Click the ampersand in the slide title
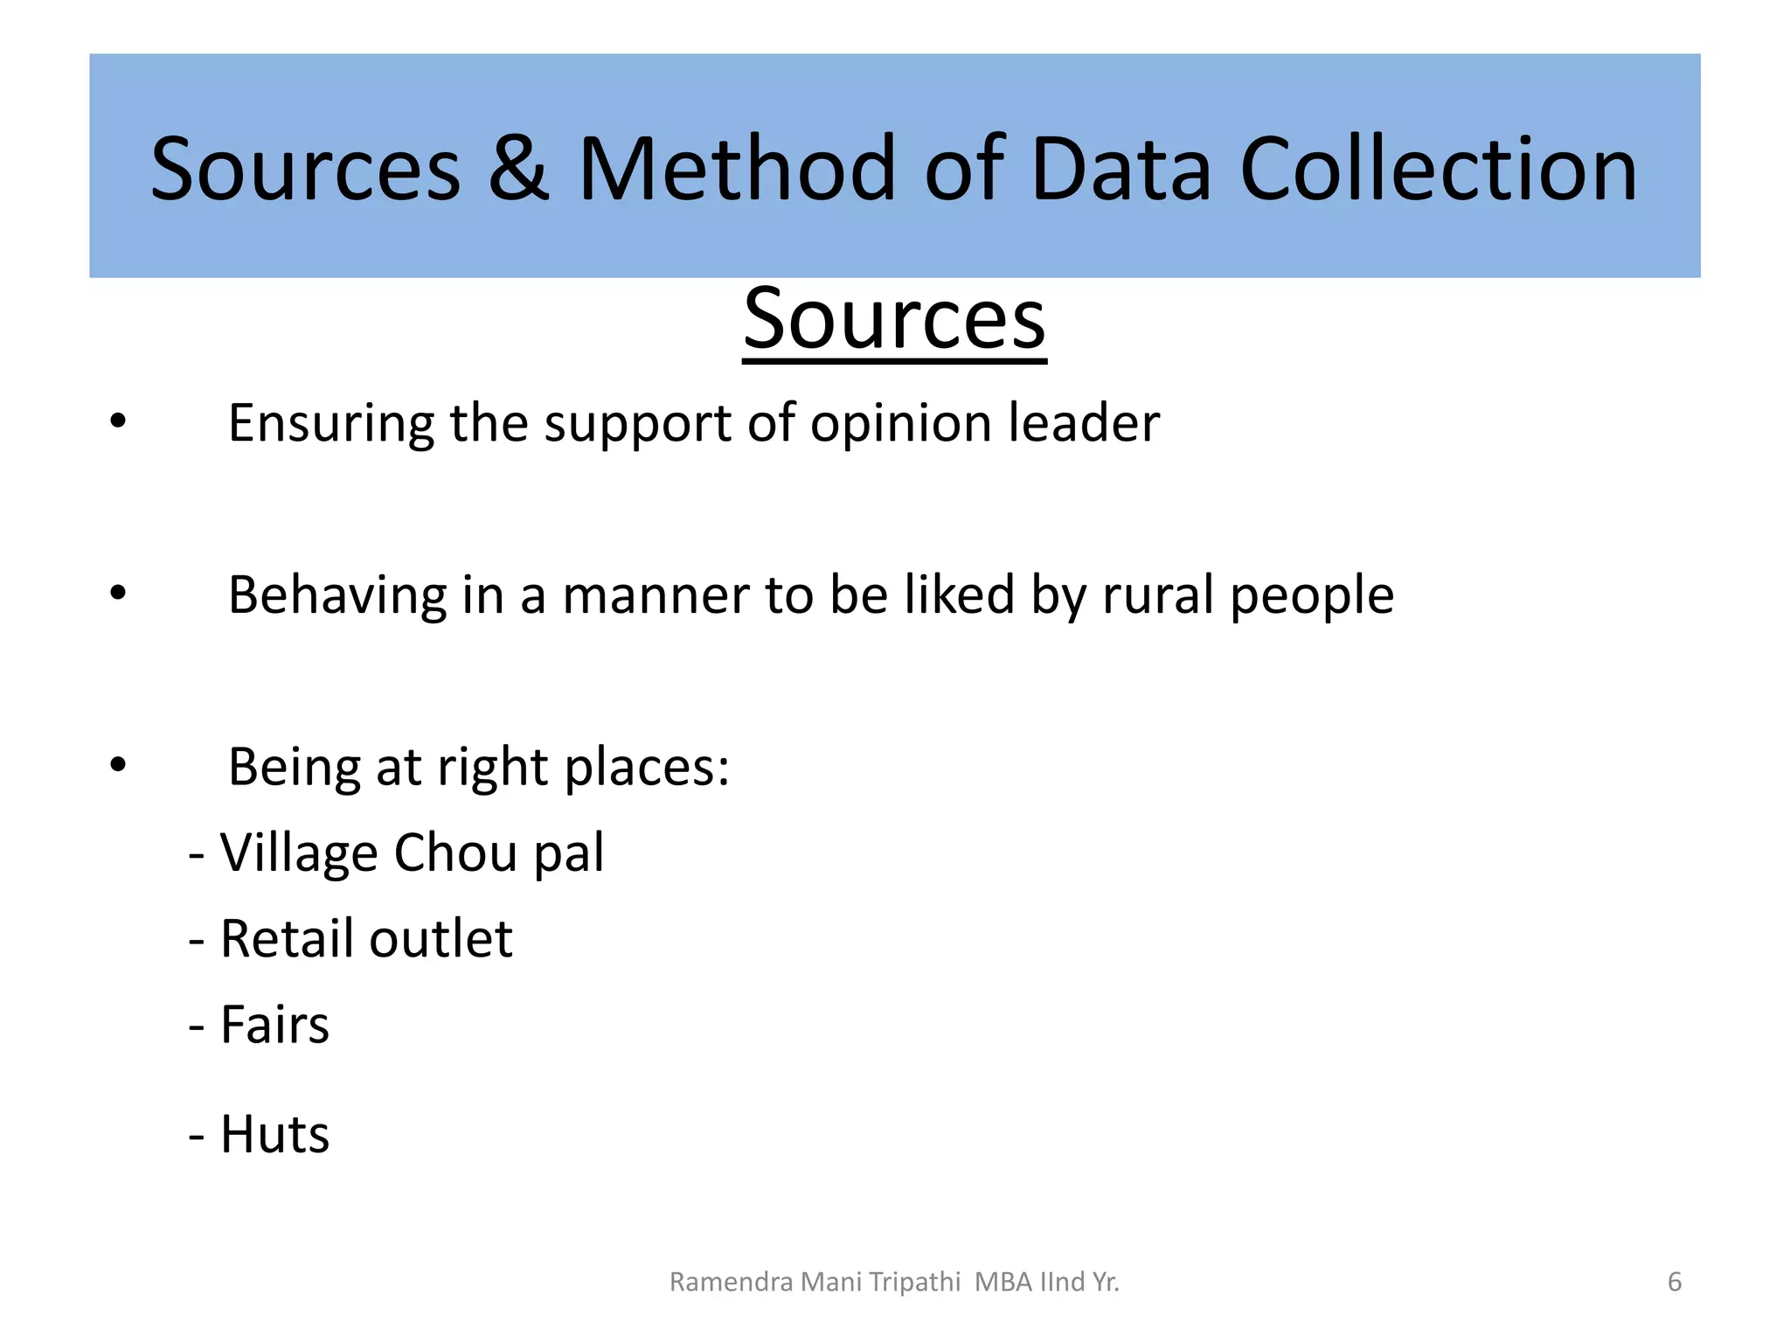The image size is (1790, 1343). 519,169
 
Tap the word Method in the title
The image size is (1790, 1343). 736,169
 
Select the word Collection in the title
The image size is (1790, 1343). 1438,169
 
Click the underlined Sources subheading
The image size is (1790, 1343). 894,319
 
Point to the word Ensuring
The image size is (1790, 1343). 331,424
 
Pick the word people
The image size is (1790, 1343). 1311,596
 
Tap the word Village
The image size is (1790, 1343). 298,853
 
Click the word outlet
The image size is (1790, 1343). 441,939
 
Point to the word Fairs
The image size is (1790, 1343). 274,1025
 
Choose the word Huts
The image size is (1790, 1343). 274,1135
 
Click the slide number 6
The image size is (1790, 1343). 1675,1282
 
